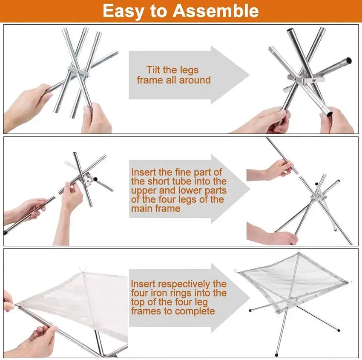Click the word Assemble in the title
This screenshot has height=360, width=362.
pos(215,11)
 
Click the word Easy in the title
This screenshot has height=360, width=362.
pos(124,12)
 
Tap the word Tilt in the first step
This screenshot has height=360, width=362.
pos(155,69)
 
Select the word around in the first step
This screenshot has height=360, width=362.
pos(195,80)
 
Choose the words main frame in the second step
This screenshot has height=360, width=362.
pos(156,208)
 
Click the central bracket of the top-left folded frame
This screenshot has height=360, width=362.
pos(78,70)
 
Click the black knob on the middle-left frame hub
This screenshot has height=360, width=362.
pos(95,179)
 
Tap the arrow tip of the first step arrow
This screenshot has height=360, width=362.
pos(249,75)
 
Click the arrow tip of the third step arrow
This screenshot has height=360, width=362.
pos(250,298)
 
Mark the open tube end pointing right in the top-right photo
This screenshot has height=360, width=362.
pos(349,60)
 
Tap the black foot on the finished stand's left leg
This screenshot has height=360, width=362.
pos(251,311)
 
